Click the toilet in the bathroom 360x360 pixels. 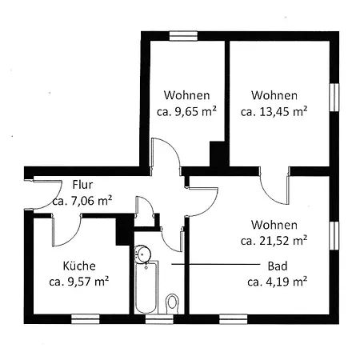click(172, 303)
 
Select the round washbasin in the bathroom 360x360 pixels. click(142, 254)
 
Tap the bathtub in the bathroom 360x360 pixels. click(146, 287)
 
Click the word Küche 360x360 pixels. click(79, 266)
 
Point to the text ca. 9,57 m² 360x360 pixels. click(79, 282)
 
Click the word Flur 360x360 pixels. click(82, 185)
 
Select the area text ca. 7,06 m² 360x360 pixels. click(82, 201)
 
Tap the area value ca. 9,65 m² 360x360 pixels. click(186, 111)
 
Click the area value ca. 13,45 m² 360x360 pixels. click(274, 111)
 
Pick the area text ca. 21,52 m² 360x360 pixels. click(274, 241)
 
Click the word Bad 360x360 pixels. click(278, 266)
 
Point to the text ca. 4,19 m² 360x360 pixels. click(277, 282)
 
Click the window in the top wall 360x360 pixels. click(183, 36)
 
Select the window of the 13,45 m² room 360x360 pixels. click(334, 97)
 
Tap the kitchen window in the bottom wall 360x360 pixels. click(86, 319)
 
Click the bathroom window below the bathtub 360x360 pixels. click(159, 319)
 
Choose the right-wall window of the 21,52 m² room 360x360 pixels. click(334, 236)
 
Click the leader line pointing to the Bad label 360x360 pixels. click(215, 264)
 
